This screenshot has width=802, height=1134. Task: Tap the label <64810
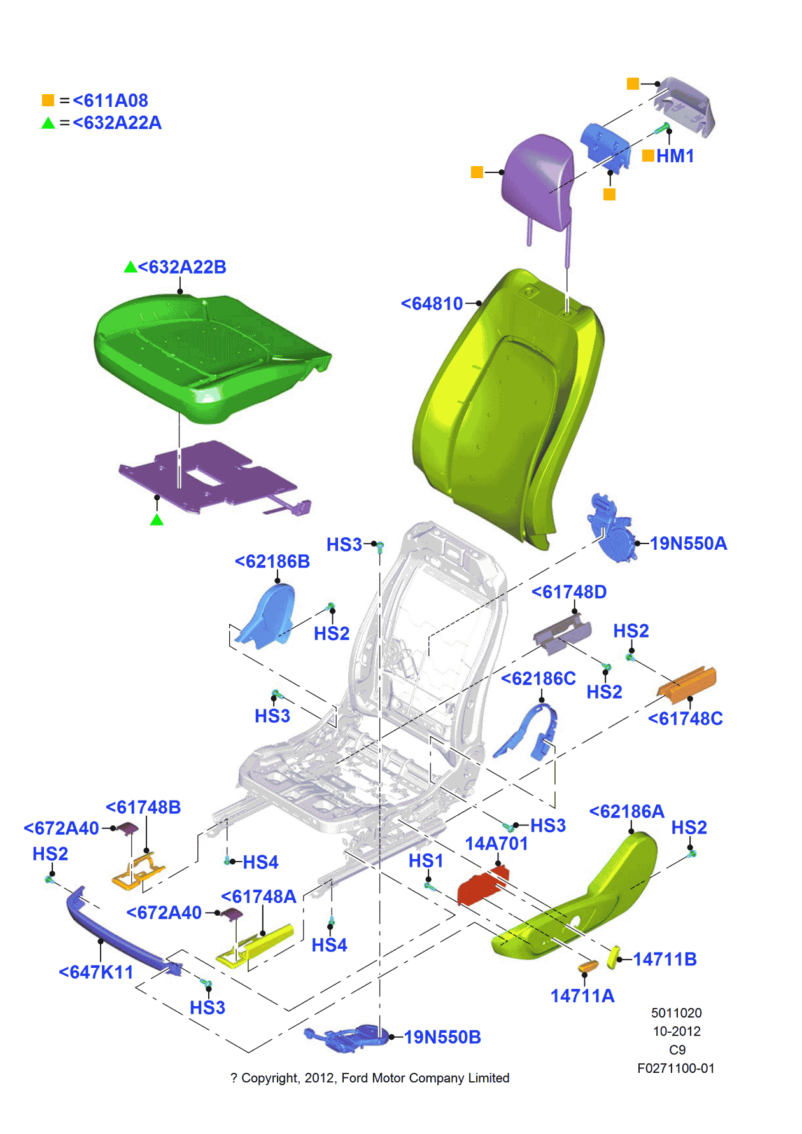click(x=432, y=304)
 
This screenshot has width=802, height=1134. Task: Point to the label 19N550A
click(x=688, y=543)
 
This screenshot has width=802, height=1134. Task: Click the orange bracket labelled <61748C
click(x=687, y=683)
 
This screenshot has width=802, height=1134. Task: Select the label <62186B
click(x=272, y=562)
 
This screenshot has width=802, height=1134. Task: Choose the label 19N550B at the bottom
click(x=442, y=1037)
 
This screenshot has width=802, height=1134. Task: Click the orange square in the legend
click(x=48, y=101)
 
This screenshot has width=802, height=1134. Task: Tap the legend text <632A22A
click(x=117, y=123)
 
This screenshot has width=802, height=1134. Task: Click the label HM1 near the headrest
click(x=675, y=156)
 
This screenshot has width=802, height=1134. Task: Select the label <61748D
click(x=569, y=592)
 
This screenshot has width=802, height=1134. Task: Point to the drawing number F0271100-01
click(x=675, y=1068)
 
